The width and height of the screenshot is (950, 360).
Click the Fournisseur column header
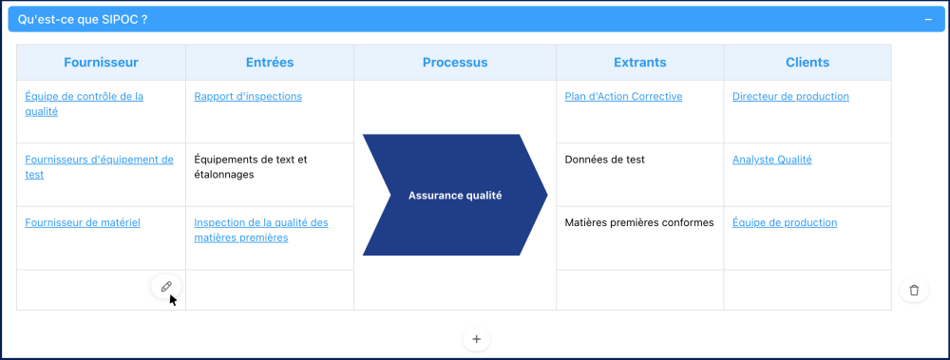[x=101, y=63]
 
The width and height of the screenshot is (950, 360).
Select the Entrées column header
[x=270, y=63]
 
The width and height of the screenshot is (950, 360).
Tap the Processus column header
[x=455, y=63]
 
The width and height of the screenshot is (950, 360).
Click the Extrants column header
[x=639, y=63]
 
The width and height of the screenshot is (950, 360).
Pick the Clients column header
[x=807, y=63]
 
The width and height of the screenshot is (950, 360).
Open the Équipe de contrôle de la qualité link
[x=85, y=104]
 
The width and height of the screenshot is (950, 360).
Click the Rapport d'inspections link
[x=248, y=96]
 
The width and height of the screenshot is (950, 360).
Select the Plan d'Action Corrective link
[x=623, y=96]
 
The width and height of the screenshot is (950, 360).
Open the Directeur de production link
[x=790, y=96]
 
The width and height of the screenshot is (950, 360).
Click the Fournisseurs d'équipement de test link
[x=100, y=166]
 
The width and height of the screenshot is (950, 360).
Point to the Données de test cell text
[x=604, y=160]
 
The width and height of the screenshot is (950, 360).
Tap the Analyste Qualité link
[x=771, y=160]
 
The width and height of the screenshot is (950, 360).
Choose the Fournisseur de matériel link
[x=83, y=222]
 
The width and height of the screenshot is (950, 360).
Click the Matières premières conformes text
[x=639, y=222]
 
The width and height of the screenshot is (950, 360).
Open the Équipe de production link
[x=785, y=222]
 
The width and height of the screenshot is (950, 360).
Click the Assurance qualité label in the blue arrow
[x=455, y=196]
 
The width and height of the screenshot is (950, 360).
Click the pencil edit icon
[x=166, y=287]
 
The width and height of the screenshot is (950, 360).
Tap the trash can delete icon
[x=914, y=291]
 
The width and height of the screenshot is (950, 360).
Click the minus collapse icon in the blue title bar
[x=928, y=20]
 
